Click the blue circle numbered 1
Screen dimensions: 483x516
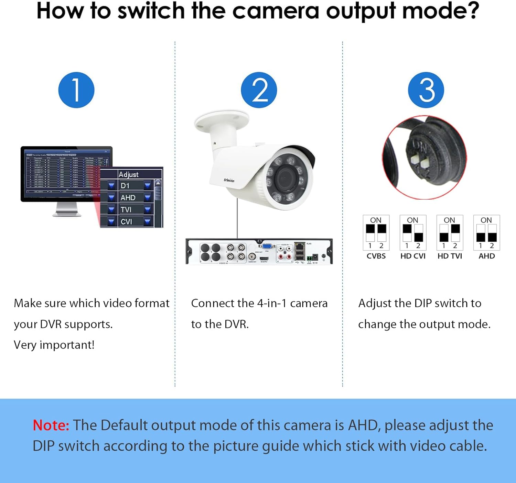(x=76, y=90)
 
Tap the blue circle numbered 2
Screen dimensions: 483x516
(x=259, y=90)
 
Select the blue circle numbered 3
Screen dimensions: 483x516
(x=426, y=90)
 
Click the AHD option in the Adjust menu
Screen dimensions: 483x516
(x=128, y=198)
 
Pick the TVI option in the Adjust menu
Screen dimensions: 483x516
(x=126, y=209)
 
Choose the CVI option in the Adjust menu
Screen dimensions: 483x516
(x=126, y=221)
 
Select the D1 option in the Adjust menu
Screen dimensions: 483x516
(x=125, y=186)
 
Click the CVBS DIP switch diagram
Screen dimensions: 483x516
(x=376, y=233)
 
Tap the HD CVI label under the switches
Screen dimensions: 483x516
(x=413, y=256)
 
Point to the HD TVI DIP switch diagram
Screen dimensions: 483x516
(x=450, y=233)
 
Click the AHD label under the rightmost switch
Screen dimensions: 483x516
(x=486, y=256)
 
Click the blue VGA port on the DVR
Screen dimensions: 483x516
(x=267, y=246)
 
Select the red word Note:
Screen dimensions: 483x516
(x=51, y=426)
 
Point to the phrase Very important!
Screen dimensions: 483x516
(x=54, y=345)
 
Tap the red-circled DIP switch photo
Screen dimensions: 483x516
(x=424, y=157)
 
